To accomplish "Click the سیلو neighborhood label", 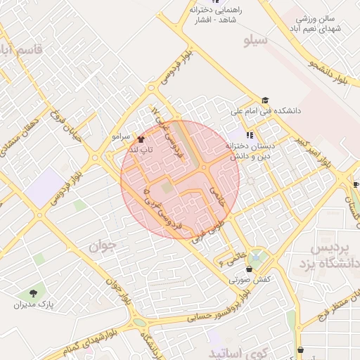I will pyautogui.click(x=255, y=40).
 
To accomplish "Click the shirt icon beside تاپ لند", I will pyautogui.click(x=141, y=139).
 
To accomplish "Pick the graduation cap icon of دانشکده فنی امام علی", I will pyautogui.click(x=265, y=101).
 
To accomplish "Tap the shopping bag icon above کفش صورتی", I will pyautogui.click(x=249, y=269).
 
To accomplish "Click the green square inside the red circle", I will pyautogui.click(x=166, y=188).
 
